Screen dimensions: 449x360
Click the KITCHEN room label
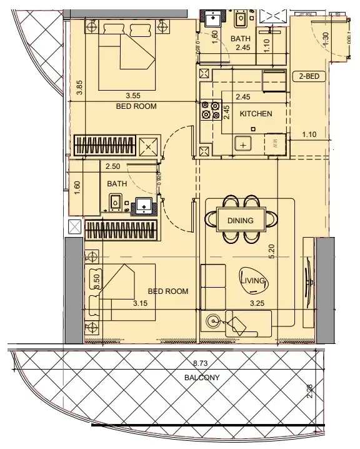click(256, 114)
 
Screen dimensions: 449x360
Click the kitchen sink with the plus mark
click(243, 144)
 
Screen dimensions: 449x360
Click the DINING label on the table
click(240, 221)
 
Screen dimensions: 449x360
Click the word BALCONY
click(201, 378)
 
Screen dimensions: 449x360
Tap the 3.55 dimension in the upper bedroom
click(132, 96)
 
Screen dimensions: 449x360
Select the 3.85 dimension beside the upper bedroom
click(79, 88)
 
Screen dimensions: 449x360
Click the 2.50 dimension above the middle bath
click(112, 167)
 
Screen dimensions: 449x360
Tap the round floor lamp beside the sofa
click(214, 321)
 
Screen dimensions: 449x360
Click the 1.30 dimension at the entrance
click(325, 39)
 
